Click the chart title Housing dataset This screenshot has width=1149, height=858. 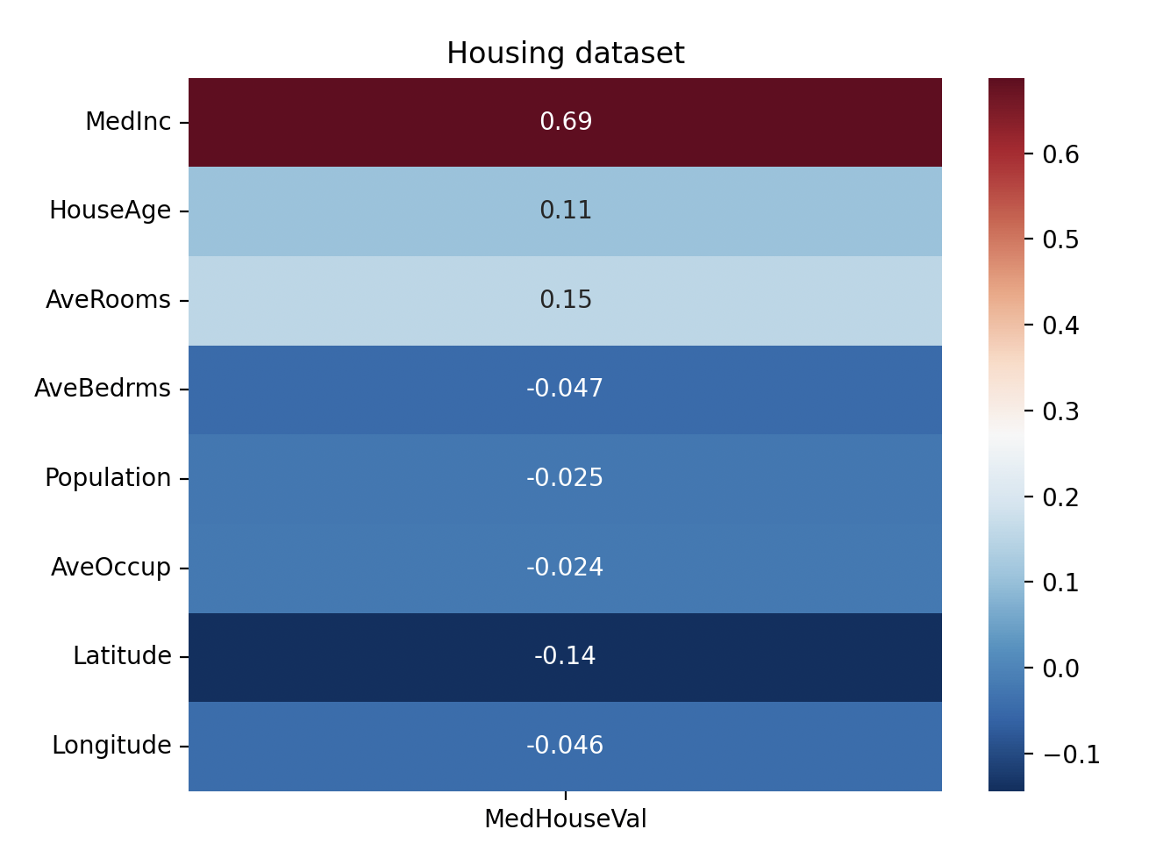tap(565, 54)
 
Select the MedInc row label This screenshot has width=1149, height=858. tap(128, 122)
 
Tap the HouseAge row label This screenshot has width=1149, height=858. tap(110, 211)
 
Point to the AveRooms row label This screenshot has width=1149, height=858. tap(108, 300)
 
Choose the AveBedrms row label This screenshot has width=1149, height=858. tap(103, 389)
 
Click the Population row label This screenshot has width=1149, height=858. tap(108, 478)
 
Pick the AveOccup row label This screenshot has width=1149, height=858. tap(111, 568)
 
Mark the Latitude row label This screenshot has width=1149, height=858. tap(122, 656)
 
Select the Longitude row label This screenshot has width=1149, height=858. tap(111, 746)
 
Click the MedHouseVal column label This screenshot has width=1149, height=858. tap(565, 819)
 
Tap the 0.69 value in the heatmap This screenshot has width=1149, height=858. tap(565, 122)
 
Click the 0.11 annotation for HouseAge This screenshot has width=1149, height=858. tap(565, 211)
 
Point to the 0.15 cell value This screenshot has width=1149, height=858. tap(565, 300)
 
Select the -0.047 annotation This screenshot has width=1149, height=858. tap(565, 389)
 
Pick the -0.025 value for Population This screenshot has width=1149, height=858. tap(565, 478)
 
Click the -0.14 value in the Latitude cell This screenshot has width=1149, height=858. tap(565, 656)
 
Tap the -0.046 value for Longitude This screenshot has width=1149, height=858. tap(565, 746)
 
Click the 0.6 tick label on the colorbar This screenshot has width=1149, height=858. tap(1060, 154)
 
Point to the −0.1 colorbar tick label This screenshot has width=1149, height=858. tap(1070, 754)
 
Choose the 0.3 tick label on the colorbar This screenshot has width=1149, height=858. tap(1060, 411)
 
